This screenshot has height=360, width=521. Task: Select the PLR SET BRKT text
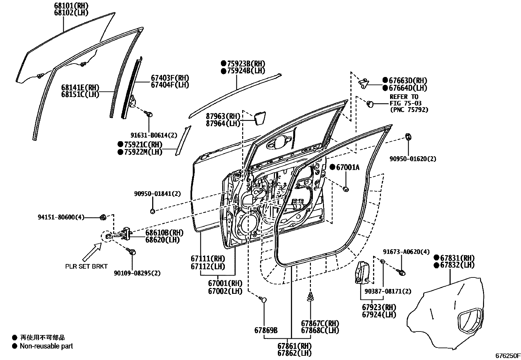pyautogui.click(x=86, y=266)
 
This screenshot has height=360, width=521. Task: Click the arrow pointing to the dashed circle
pyautogui.click(x=93, y=252)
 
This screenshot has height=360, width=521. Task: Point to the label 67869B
pyautogui.click(x=266, y=331)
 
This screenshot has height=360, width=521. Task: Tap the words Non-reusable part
pyautogui.click(x=46, y=346)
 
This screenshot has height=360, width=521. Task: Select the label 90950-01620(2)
pyautogui.click(x=413, y=159)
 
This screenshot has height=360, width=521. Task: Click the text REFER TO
pyautogui.click(x=404, y=97)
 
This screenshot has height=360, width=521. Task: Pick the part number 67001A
pyautogui.click(x=348, y=167)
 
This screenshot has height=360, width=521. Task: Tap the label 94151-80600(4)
pyautogui.click(x=61, y=217)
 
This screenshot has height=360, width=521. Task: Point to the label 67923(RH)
pyautogui.click(x=379, y=308)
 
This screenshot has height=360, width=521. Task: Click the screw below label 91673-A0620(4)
pyautogui.click(x=402, y=272)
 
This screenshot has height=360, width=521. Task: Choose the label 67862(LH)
pyautogui.click(x=295, y=353)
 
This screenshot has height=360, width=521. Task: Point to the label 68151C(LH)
pyautogui.click(x=80, y=94)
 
